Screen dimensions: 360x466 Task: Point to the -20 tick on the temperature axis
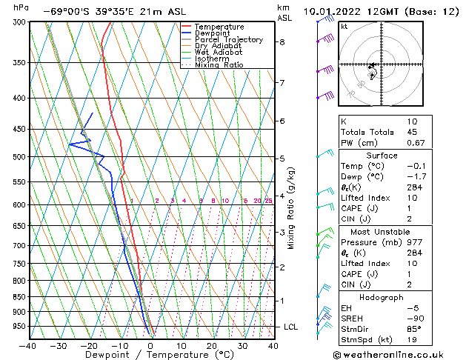click(x=89, y=345)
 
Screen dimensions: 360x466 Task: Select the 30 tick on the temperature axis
click(x=242, y=345)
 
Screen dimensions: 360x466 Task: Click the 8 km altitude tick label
click(x=282, y=42)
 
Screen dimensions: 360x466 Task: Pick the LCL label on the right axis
click(x=292, y=327)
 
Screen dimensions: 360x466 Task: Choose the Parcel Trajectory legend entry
click(x=228, y=40)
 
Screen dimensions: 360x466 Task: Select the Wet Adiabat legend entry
click(x=218, y=53)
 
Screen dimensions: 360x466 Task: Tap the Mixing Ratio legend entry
click(x=219, y=65)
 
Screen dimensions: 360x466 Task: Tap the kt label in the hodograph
click(x=344, y=27)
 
